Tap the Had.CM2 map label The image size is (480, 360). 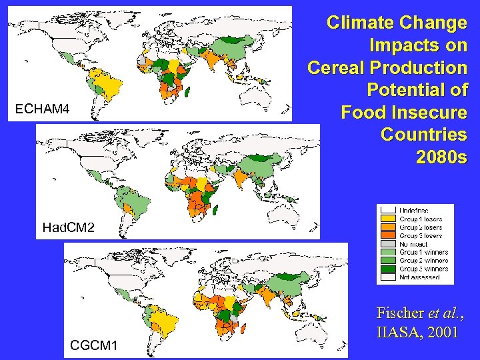tap(68, 228)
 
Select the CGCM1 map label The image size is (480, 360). tap(93, 345)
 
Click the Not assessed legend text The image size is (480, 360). tap(419, 277)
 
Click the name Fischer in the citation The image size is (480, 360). tap(400, 312)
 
